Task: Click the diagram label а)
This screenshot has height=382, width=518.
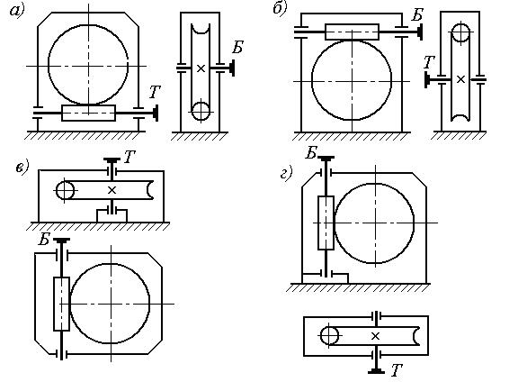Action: click(17, 11)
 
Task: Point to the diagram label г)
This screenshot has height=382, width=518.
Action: click(286, 173)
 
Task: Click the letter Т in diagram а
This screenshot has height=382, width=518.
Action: click(155, 92)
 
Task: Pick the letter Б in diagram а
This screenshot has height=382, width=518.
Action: click(237, 47)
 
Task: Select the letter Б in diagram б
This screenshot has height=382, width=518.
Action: click(417, 15)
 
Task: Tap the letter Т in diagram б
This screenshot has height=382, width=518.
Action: click(429, 62)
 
